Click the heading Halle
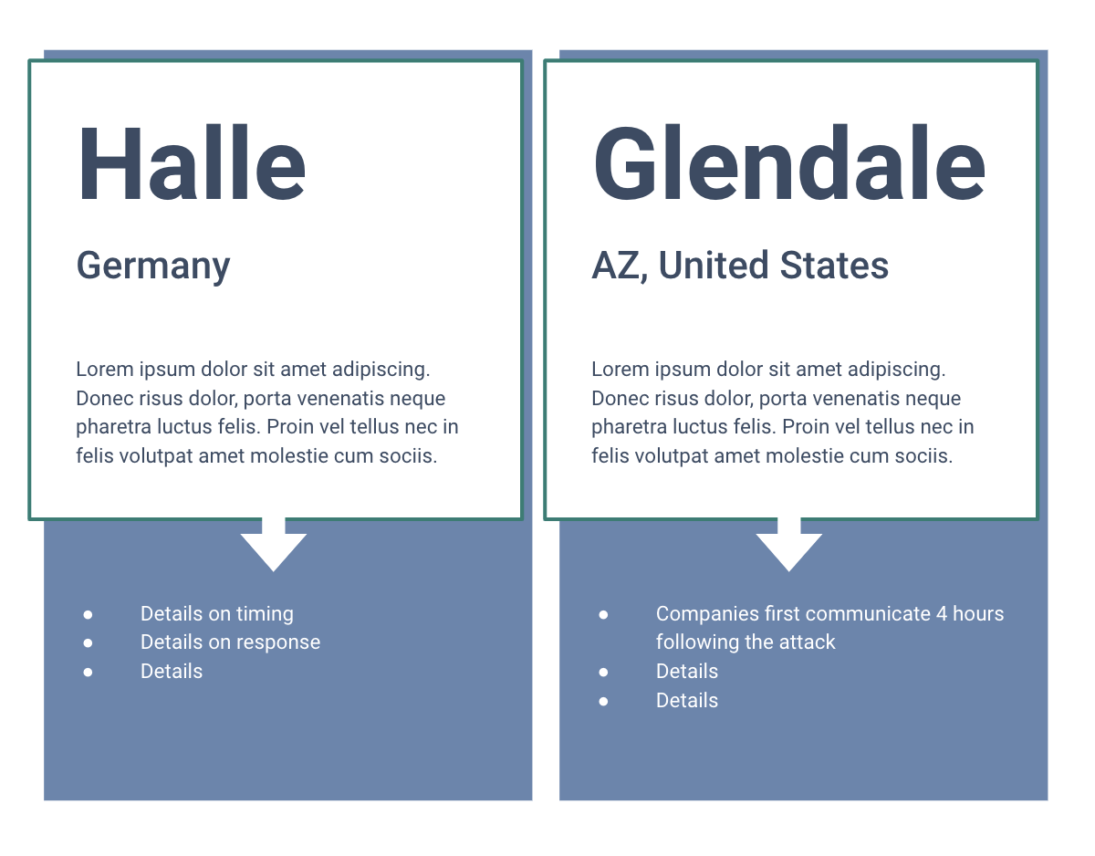tap(192, 162)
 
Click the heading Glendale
tap(789, 162)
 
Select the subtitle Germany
tap(153, 266)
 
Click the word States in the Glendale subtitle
tap(834, 265)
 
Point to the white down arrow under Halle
tap(274, 544)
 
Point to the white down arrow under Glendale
tap(789, 544)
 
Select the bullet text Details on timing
tap(216, 614)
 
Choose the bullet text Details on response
tap(230, 642)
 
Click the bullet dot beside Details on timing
tap(88, 615)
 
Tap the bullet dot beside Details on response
tap(88, 642)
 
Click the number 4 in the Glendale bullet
tap(942, 614)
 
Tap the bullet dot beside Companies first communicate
tap(603, 615)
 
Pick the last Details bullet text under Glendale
tap(687, 700)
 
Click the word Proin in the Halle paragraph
tap(290, 427)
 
